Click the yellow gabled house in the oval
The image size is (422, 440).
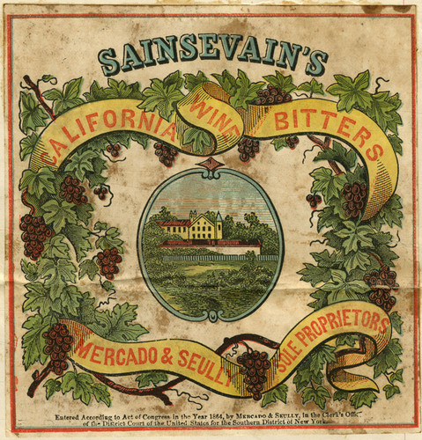tap(204, 225)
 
